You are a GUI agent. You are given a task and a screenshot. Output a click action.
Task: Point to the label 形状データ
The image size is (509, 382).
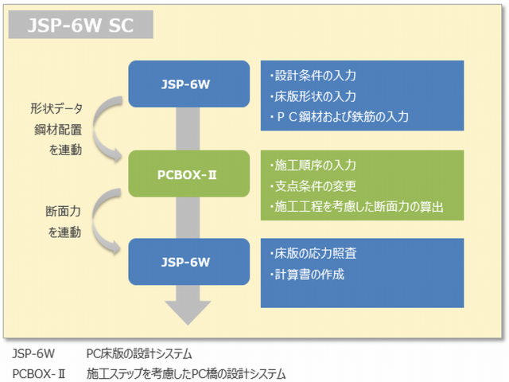(x=56, y=109)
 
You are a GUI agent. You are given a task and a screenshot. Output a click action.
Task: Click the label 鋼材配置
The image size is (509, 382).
(x=56, y=129)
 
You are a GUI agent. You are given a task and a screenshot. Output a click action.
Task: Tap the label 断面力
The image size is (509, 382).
(x=62, y=212)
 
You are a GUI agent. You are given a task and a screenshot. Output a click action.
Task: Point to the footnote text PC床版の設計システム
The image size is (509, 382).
(x=139, y=353)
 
